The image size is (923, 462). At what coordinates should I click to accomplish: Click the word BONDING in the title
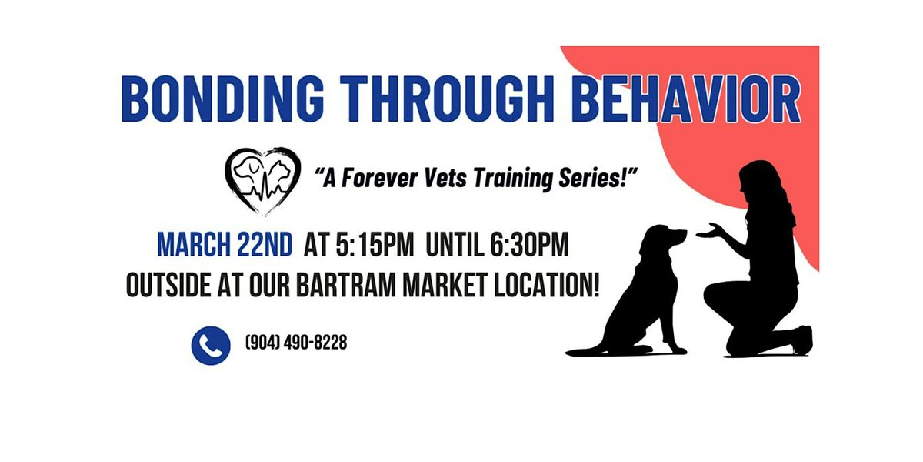click(x=222, y=99)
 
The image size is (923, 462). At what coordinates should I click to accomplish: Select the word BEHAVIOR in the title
click(x=687, y=99)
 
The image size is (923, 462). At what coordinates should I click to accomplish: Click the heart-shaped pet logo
click(x=262, y=181)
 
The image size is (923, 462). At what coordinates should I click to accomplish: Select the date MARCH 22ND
click(x=225, y=245)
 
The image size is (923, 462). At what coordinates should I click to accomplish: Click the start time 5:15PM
click(x=375, y=245)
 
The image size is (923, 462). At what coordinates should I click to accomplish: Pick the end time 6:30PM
click(x=529, y=245)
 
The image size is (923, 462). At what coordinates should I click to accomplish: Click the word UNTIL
click(x=455, y=245)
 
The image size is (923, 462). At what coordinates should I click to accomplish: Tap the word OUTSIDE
click(x=168, y=285)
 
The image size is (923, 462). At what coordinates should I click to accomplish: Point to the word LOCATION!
click(x=546, y=285)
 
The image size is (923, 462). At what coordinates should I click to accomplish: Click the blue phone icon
click(x=211, y=346)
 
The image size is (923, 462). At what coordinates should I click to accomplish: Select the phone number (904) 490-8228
click(x=296, y=343)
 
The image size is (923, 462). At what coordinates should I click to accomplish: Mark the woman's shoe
click(x=804, y=340)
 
